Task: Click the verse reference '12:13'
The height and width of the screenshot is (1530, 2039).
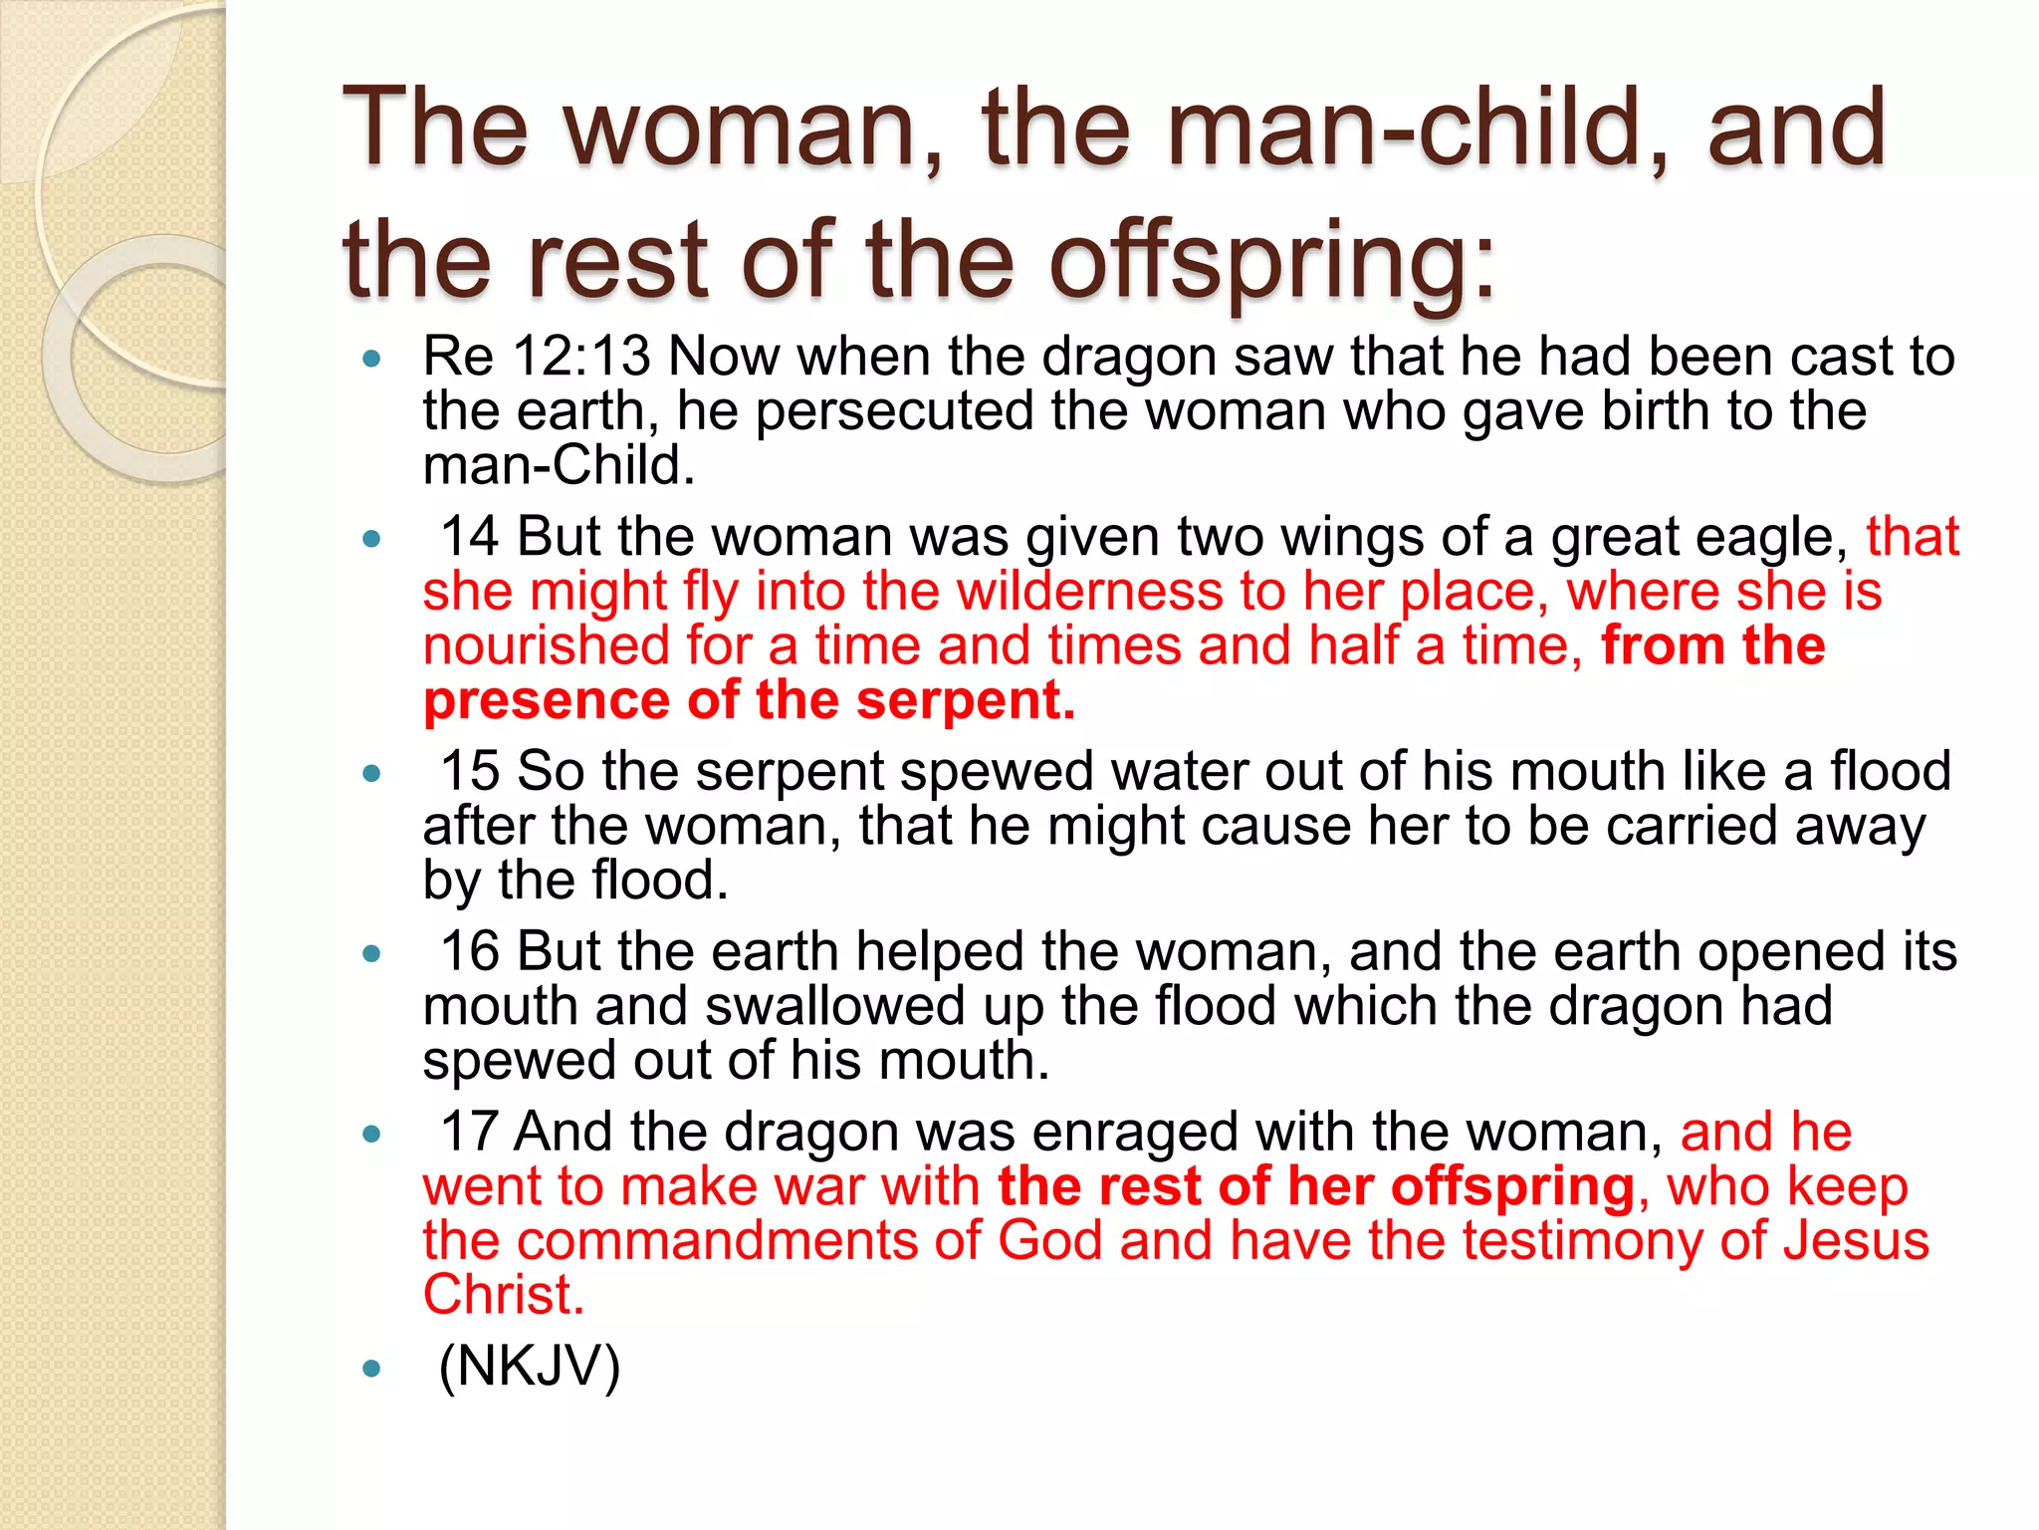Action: (x=581, y=356)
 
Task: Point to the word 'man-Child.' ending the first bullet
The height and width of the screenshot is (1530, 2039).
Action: (x=559, y=465)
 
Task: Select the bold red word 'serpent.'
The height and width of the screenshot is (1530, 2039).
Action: (x=966, y=699)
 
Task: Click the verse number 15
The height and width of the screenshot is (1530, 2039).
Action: (x=469, y=771)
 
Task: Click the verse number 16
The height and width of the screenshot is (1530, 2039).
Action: (x=469, y=951)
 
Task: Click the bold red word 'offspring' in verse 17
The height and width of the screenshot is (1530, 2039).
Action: (x=1512, y=1186)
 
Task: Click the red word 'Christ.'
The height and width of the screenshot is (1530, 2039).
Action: (x=503, y=1295)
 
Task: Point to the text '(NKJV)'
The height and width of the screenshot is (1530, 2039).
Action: (x=530, y=1366)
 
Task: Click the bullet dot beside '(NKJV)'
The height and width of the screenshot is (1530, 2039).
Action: (x=372, y=1369)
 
